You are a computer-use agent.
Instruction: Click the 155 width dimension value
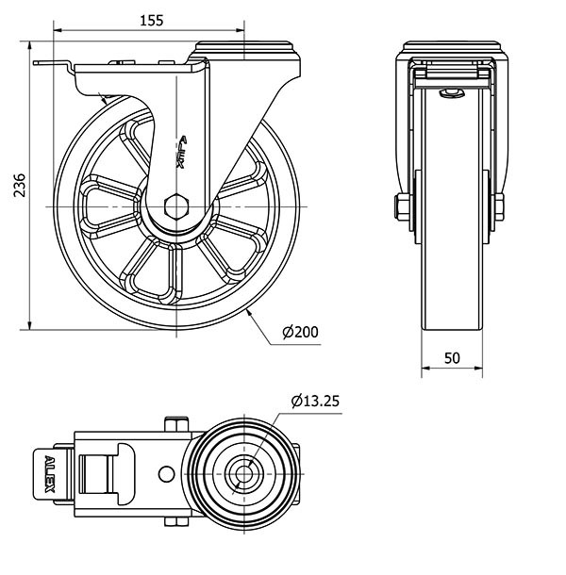(x=152, y=21)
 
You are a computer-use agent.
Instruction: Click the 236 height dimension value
(x=20, y=185)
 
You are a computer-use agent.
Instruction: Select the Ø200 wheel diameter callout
(x=300, y=332)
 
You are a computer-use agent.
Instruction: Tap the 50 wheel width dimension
(x=452, y=358)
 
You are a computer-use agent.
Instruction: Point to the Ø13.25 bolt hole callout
(x=315, y=402)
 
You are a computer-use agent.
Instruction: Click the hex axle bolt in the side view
(x=176, y=206)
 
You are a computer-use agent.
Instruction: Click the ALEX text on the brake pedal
(x=50, y=474)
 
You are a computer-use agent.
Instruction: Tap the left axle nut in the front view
(x=402, y=207)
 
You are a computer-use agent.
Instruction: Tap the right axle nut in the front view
(x=499, y=207)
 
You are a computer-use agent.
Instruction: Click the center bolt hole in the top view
(x=243, y=474)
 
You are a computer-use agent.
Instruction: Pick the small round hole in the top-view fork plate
(x=166, y=474)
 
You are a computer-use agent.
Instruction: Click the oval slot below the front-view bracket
(x=452, y=93)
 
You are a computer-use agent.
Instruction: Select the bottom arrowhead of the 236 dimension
(x=30, y=325)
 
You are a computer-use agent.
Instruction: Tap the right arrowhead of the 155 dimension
(x=240, y=31)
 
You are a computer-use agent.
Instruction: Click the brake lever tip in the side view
(x=36, y=63)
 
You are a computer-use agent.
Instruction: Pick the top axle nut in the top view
(x=176, y=424)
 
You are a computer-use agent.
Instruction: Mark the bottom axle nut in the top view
(x=176, y=522)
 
